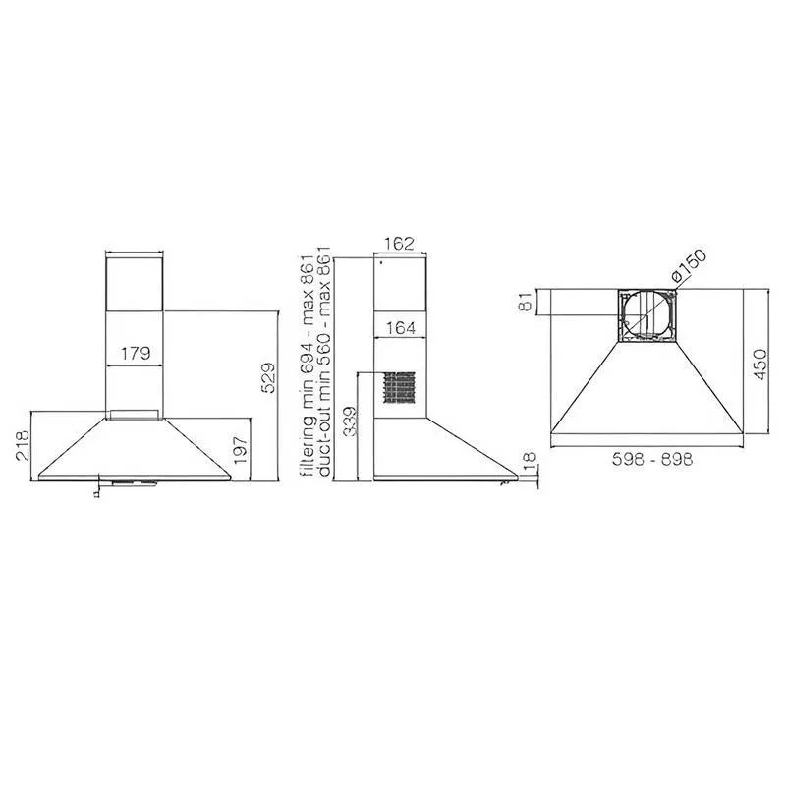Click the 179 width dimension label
pos(136,353)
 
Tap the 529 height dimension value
pos(268,377)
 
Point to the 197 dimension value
pos(240,450)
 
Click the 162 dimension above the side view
pos(400,243)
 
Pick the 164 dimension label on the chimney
pos(401,328)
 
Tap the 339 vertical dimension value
pos(351,421)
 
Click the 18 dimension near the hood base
pos(529,462)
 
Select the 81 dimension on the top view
pos(525,303)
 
